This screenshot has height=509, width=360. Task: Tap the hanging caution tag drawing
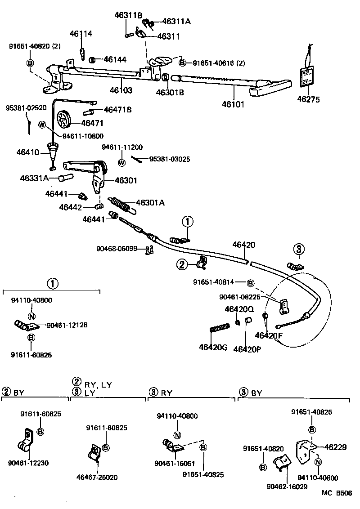point(308,76)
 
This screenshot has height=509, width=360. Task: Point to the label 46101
point(233,104)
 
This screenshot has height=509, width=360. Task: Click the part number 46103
point(121,90)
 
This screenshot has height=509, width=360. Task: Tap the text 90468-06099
point(117,248)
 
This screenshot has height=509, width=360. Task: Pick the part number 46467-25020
point(97,477)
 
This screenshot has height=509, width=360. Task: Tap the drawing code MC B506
point(337,492)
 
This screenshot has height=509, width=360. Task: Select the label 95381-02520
point(26,108)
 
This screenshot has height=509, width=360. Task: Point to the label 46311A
point(176,21)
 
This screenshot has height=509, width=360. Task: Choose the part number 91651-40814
point(214,282)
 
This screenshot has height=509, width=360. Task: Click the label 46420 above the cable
point(243,245)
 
